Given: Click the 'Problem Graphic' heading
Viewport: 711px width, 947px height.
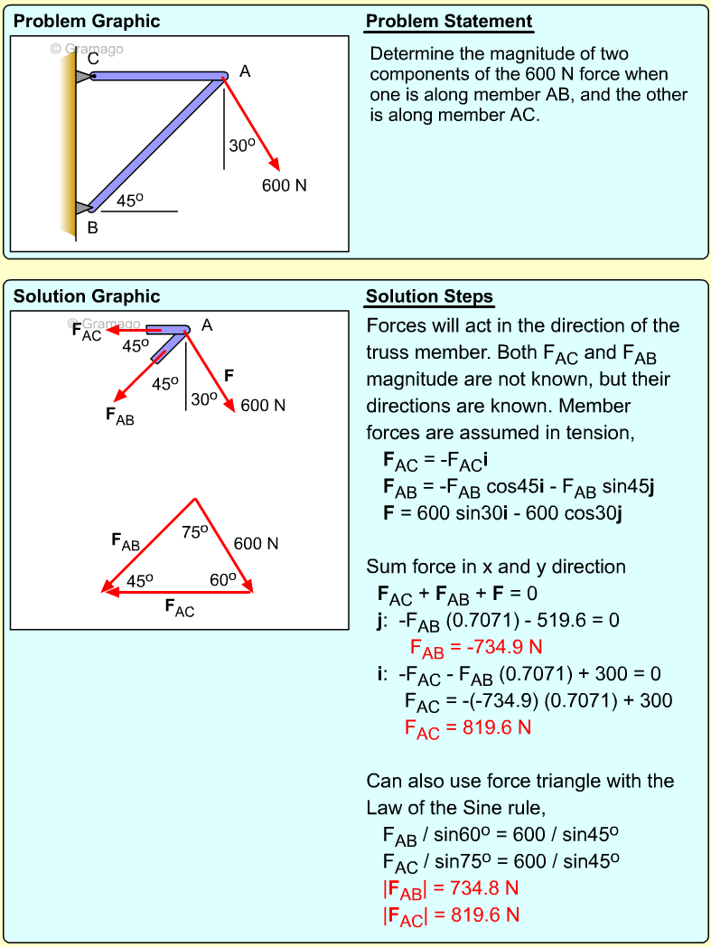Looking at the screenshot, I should point(87,22).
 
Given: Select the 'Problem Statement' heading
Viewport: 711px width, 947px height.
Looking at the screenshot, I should point(449,22).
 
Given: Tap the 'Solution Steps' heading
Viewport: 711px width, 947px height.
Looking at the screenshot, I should point(429,296).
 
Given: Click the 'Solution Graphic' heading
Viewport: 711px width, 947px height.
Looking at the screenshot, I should point(87,296).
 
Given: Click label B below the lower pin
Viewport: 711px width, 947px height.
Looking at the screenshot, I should point(92,228).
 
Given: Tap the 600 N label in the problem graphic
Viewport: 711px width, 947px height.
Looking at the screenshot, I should point(284,185).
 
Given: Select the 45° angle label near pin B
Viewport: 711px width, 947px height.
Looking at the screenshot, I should point(130,201).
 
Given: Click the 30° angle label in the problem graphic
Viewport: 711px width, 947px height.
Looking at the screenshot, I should point(242,145).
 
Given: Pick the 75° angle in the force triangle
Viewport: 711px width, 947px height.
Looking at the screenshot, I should point(195,532).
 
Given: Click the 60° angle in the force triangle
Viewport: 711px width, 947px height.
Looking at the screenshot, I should point(222,579).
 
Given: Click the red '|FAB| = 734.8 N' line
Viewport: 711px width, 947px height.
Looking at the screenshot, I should point(451,888).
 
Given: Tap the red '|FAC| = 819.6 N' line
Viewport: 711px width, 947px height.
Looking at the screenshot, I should point(451,914).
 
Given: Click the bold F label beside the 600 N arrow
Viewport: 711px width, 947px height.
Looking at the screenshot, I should point(229,375).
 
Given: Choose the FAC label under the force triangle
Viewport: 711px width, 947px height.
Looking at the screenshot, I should point(179,607).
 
